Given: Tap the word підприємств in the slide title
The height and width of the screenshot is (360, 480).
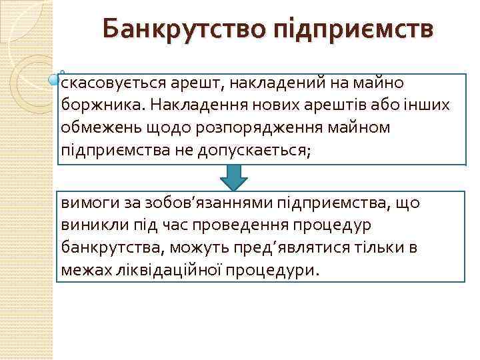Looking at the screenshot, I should pos(352,31).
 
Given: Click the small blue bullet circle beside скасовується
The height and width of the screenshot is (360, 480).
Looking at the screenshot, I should pos(55,81).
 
